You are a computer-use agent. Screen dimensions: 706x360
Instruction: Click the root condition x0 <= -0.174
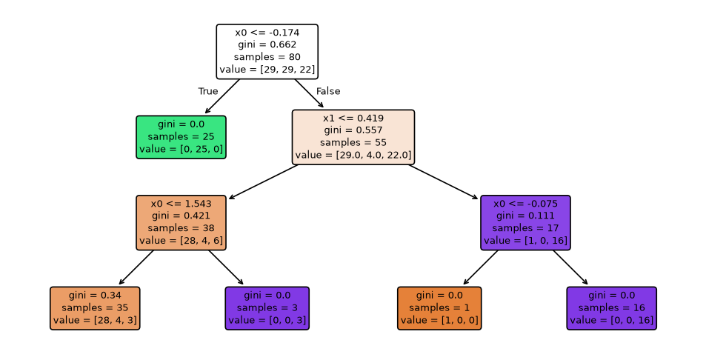tap(267, 33)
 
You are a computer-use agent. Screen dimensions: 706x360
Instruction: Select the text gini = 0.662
tap(267, 44)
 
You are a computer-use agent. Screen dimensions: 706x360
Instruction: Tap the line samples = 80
tap(267, 57)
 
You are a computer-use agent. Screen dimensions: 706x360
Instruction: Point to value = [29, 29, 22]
tap(267, 70)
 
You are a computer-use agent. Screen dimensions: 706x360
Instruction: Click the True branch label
tap(208, 91)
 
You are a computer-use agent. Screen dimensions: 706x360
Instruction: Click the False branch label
tap(328, 91)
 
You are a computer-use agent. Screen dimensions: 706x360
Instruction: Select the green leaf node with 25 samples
tap(181, 137)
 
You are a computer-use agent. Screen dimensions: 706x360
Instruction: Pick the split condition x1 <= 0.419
tap(353, 118)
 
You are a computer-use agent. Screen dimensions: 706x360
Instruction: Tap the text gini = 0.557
tap(353, 130)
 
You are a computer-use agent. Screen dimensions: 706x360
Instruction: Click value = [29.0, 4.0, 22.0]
tap(353, 155)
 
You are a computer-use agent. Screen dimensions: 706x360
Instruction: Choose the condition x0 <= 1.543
tap(181, 204)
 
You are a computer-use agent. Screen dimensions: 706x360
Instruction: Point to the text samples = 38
tap(181, 227)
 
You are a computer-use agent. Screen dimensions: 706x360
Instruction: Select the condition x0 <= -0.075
tap(525, 204)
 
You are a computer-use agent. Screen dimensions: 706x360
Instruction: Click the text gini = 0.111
tap(525, 216)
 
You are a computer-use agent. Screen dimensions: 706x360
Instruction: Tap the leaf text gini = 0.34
tap(95, 296)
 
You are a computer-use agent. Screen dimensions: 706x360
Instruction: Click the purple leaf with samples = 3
tap(267, 308)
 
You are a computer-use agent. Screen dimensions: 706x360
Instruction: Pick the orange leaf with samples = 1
tap(439, 308)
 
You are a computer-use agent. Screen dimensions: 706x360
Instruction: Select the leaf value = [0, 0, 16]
tap(611, 320)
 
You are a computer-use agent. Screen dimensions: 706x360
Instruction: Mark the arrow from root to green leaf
tap(222, 96)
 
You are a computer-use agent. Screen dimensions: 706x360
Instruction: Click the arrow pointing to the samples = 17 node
tap(443, 181)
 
